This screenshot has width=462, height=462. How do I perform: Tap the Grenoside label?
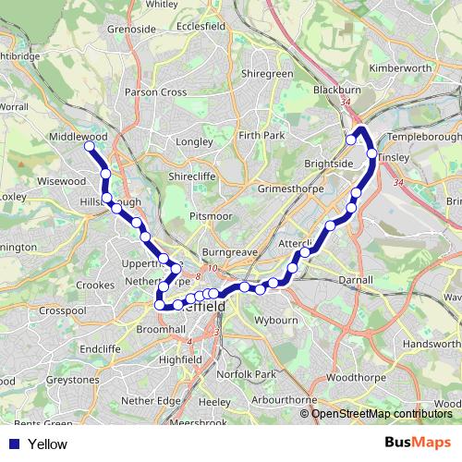130,29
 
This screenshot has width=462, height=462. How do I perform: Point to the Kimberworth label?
399,68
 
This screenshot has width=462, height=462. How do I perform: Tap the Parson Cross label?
155,92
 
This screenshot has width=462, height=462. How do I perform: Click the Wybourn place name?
275,320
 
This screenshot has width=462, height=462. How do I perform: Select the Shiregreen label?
266,73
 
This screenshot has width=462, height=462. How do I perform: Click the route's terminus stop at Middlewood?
90,146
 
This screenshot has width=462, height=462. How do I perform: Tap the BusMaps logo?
418,444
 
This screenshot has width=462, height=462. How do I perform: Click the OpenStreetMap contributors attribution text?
382,414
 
